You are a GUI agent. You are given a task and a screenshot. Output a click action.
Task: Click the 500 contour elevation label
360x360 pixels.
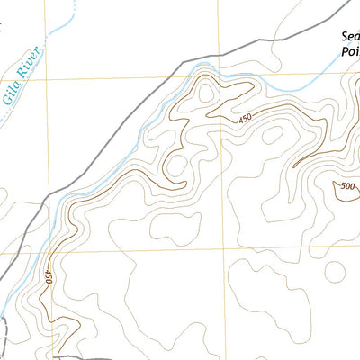(x=346, y=187)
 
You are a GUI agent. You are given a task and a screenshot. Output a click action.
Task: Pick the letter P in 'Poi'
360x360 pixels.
(x=345, y=52)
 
